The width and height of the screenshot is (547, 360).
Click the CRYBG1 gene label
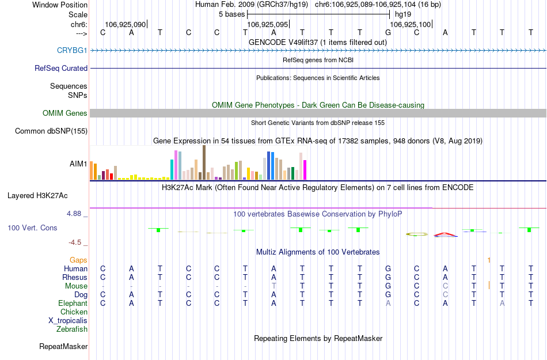coord(72,50)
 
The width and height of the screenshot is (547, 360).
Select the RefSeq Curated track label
coord(61,68)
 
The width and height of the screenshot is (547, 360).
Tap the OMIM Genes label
coord(65,113)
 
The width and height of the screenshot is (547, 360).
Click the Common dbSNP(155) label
coord(51,131)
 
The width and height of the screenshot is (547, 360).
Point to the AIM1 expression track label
coord(78,164)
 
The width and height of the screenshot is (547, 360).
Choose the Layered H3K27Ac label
coord(47,195)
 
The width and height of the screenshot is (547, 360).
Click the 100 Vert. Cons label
coord(32,228)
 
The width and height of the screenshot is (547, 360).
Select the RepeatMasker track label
coord(63,347)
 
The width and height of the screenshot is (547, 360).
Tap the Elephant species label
coord(73,304)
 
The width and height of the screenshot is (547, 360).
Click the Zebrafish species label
coord(72,329)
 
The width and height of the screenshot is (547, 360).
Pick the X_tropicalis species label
coord(68,321)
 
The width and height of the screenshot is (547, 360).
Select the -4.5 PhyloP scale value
coord(78,242)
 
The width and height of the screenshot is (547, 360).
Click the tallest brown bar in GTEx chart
coord(204,162)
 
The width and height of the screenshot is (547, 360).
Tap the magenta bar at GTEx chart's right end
coord(305,170)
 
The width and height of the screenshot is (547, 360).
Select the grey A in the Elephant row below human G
coord(389,304)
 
